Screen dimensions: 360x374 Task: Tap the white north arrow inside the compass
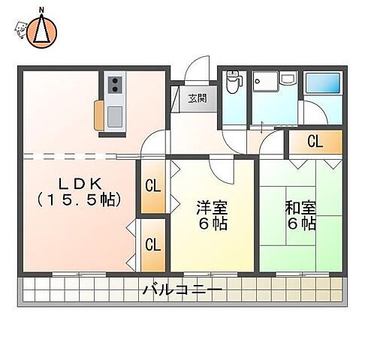click(42, 30)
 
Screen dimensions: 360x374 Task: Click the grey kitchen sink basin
click(116, 115)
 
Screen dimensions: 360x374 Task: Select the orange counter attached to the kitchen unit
click(100, 117)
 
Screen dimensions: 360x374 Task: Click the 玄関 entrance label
click(197, 97)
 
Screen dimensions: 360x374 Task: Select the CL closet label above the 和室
click(315, 141)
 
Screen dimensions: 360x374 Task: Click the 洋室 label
click(213, 206)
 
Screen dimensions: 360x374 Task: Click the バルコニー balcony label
click(183, 289)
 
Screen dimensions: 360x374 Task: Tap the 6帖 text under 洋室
click(213, 223)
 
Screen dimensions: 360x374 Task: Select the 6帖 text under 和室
click(300, 223)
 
